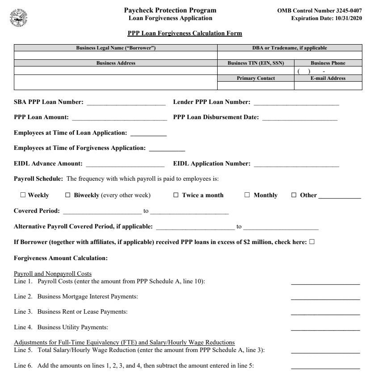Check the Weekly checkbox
tap(23, 195)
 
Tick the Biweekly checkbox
tap(68, 195)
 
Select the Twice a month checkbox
tap(176, 195)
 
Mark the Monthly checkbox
tap(247, 195)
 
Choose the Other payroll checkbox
tap(294, 195)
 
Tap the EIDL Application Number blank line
tap(296, 165)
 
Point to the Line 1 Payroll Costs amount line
tap(325, 282)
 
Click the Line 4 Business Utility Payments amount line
tap(325, 327)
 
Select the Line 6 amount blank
tap(325, 366)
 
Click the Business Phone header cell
tap(328, 63)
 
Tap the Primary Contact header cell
tap(256, 78)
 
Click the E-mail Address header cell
tap(328, 78)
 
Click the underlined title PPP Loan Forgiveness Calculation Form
tap(185, 33)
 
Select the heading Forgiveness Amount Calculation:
tap(60, 258)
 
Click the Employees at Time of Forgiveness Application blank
tap(167, 149)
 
